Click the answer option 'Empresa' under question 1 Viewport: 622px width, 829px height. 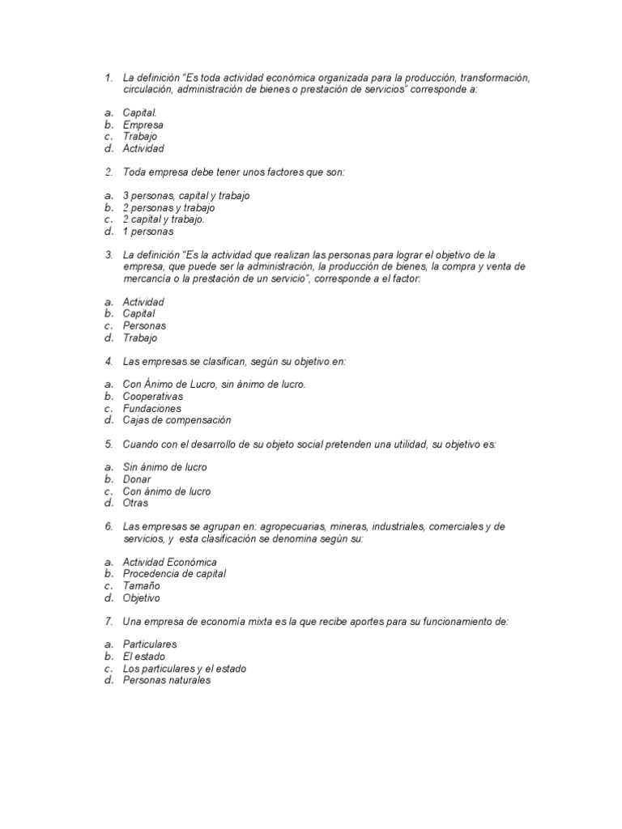click(x=143, y=125)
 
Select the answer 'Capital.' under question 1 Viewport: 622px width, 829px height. click(x=139, y=113)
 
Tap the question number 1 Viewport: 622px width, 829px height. click(x=109, y=78)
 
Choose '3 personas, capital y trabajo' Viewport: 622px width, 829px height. click(x=186, y=196)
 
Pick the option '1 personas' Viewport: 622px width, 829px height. click(x=147, y=232)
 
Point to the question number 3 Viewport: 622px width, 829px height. click(x=109, y=255)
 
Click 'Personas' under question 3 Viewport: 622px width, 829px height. click(x=144, y=325)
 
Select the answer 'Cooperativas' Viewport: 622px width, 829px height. click(x=152, y=397)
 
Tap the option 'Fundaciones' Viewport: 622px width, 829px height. click(x=151, y=409)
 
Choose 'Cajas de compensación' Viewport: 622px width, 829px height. click(x=177, y=420)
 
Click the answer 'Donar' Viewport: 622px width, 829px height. click(x=137, y=479)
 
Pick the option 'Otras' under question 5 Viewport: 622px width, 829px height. click(x=135, y=503)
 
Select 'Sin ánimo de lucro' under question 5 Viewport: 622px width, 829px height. click(x=164, y=467)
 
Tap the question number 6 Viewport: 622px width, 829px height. click(x=109, y=526)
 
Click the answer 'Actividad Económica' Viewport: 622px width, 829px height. click(x=169, y=562)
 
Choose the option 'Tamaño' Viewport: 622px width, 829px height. click(x=141, y=585)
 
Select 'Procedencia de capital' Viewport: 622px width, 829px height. click(x=174, y=574)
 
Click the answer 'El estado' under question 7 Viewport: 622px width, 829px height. click(x=143, y=657)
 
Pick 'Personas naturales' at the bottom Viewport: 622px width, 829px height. click(x=166, y=680)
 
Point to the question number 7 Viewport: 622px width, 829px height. click(x=109, y=621)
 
